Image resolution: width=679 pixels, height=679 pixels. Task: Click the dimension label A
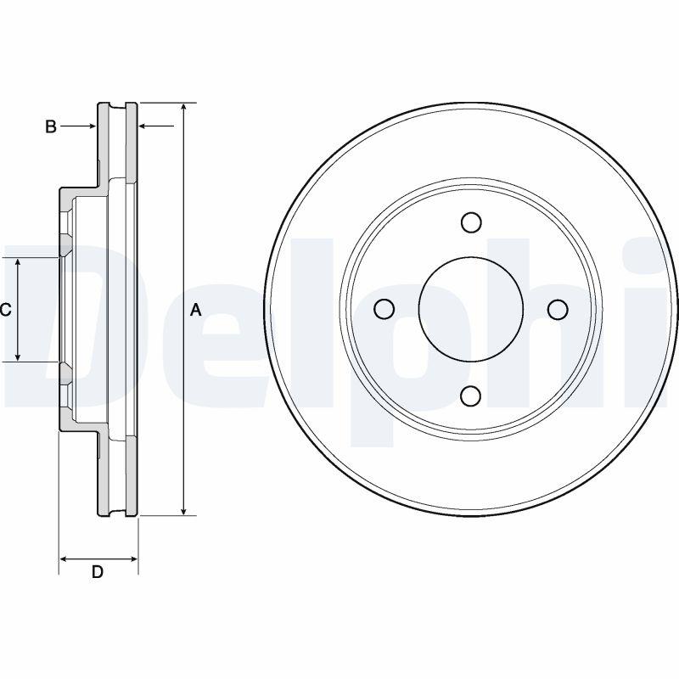click(x=196, y=310)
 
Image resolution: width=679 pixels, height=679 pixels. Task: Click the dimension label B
click(x=51, y=126)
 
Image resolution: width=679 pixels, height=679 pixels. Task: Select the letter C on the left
click(x=5, y=310)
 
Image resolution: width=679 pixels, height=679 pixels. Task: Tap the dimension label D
click(x=98, y=572)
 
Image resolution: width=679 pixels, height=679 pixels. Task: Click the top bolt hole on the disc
click(x=471, y=222)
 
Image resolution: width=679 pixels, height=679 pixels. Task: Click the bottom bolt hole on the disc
click(x=471, y=396)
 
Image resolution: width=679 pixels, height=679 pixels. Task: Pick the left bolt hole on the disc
click(x=384, y=309)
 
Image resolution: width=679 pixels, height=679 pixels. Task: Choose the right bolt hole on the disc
click(x=558, y=309)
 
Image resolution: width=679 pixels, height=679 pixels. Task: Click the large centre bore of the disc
click(x=471, y=309)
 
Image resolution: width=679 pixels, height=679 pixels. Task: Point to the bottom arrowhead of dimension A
click(x=184, y=512)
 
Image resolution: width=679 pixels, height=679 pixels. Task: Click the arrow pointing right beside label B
click(x=78, y=126)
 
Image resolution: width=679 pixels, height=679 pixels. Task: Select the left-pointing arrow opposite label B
click(x=156, y=126)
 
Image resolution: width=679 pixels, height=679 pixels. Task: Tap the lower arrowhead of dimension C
click(x=18, y=356)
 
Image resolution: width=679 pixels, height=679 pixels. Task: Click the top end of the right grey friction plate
click(x=132, y=104)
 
